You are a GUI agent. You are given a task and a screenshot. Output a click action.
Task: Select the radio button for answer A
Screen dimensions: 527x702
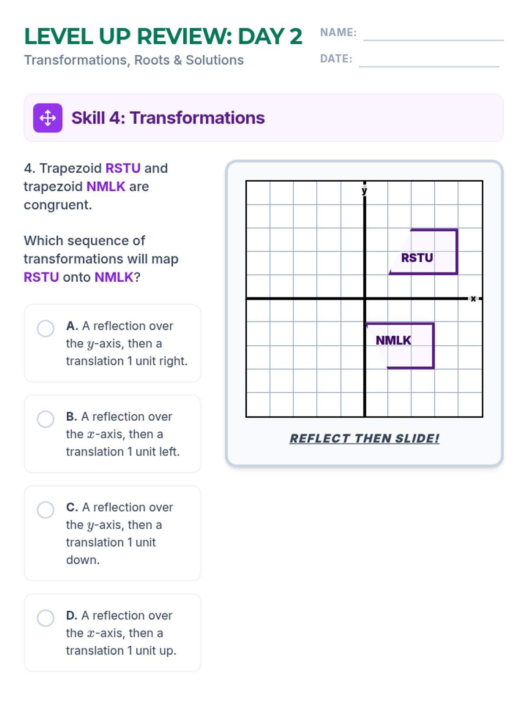coord(45,328)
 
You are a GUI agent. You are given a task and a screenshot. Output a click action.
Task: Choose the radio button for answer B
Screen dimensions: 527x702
coord(45,419)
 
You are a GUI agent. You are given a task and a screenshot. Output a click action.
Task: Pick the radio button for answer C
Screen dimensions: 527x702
coord(45,509)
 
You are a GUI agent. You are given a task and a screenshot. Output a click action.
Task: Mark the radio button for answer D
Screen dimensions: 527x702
coord(45,618)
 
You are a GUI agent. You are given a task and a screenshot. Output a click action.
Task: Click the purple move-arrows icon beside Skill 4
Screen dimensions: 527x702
coord(48,118)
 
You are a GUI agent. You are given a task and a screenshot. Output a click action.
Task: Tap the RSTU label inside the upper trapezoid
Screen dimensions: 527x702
coord(417,258)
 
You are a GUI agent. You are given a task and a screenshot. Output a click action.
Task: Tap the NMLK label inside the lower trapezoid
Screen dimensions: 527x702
coord(393,340)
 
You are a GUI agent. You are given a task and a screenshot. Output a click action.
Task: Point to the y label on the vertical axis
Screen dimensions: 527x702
coord(364,190)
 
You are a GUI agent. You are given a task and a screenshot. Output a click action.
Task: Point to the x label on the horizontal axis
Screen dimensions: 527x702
coord(473,299)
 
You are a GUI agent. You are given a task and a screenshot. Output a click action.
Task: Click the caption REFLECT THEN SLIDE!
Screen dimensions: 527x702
coord(364,438)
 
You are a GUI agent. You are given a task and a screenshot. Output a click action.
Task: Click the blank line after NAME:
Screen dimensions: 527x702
coord(433,40)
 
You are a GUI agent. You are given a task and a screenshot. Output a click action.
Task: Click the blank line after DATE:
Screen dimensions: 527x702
coord(429,67)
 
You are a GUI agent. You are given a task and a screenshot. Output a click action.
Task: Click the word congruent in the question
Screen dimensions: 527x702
coord(58,205)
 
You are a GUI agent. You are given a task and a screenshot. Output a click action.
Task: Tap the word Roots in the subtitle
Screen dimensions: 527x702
coord(152,60)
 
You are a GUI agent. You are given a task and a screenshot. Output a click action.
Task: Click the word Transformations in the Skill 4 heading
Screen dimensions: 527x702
coord(197,118)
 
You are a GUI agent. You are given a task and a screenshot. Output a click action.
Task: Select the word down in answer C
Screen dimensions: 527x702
coord(83,560)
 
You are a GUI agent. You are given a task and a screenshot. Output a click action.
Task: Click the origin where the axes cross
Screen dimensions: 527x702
coord(365,299)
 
